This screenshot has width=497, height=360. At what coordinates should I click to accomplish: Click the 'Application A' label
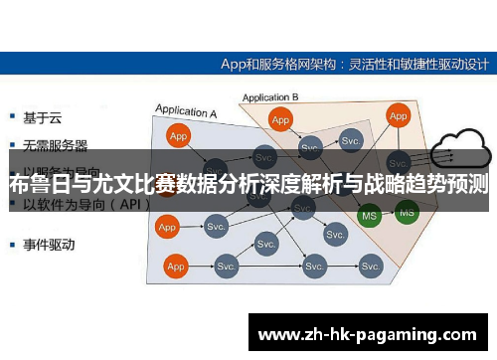(184, 112)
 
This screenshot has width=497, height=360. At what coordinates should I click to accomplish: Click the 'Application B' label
(271, 97)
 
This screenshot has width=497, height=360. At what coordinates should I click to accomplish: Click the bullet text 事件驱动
(49, 243)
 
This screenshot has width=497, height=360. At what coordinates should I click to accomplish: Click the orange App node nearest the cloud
(399, 116)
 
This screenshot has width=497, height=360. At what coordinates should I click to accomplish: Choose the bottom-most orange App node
(176, 267)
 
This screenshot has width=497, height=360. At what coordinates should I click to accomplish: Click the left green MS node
(369, 215)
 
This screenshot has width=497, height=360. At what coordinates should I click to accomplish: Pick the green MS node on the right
(406, 210)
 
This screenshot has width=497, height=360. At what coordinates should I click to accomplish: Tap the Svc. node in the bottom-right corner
(372, 267)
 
